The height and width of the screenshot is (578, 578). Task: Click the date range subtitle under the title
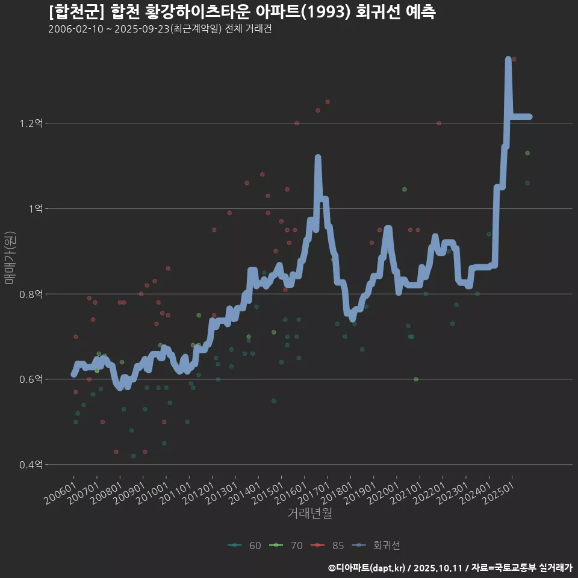pos(160,30)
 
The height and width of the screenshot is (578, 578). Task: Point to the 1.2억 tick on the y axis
pos(31,123)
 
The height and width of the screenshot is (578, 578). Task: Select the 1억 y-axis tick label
pos(34,208)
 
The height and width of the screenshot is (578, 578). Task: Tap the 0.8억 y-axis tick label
pos(31,294)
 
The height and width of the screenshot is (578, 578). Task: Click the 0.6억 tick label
pos(31,379)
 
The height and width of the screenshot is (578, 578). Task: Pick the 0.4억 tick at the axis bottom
pos(31,464)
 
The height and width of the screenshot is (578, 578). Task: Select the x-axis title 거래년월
pos(309,513)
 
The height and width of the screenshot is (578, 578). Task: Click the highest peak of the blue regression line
pos(508,59)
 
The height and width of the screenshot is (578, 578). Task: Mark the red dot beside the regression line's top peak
pos(514,59)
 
